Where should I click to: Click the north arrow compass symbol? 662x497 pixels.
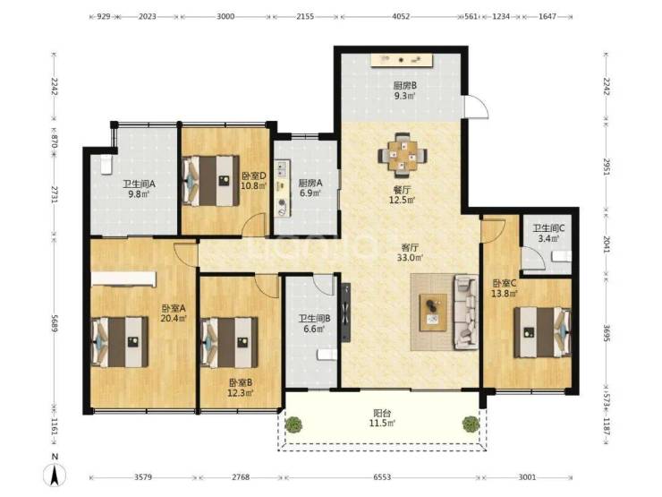(55, 475)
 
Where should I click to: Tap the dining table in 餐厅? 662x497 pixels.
(402, 155)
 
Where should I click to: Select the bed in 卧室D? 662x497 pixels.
(210, 181)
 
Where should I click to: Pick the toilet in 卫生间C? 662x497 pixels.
(562, 256)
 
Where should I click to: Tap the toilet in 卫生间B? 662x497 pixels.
(327, 355)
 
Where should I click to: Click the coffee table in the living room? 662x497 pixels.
(433, 313)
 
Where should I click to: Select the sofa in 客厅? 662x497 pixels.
(466, 312)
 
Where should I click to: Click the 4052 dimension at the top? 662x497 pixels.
(401, 16)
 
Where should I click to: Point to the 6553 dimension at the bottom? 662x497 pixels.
(382, 477)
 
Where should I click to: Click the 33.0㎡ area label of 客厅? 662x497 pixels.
(410, 257)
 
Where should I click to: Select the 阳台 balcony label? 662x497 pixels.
(381, 413)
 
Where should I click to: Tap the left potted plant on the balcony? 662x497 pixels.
(293, 424)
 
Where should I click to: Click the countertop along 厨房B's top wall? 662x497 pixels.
(403, 60)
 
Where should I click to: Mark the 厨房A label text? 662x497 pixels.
(310, 183)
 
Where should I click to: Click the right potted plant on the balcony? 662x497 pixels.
(470, 424)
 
